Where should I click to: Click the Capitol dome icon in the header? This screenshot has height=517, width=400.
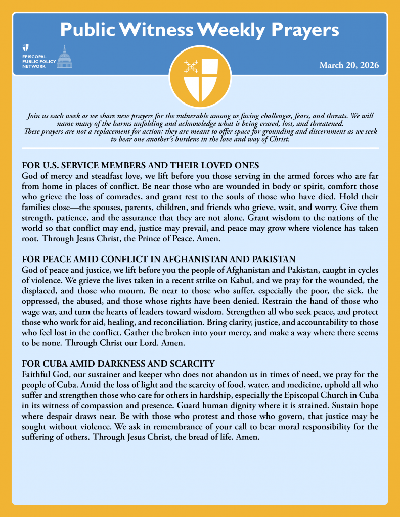64,57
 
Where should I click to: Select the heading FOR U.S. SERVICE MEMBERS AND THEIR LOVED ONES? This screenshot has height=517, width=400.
141,165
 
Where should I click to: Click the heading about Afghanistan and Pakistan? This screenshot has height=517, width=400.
159,260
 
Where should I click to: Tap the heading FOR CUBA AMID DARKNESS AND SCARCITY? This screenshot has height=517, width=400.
119,364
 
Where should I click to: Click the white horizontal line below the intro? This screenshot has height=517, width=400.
200,148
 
